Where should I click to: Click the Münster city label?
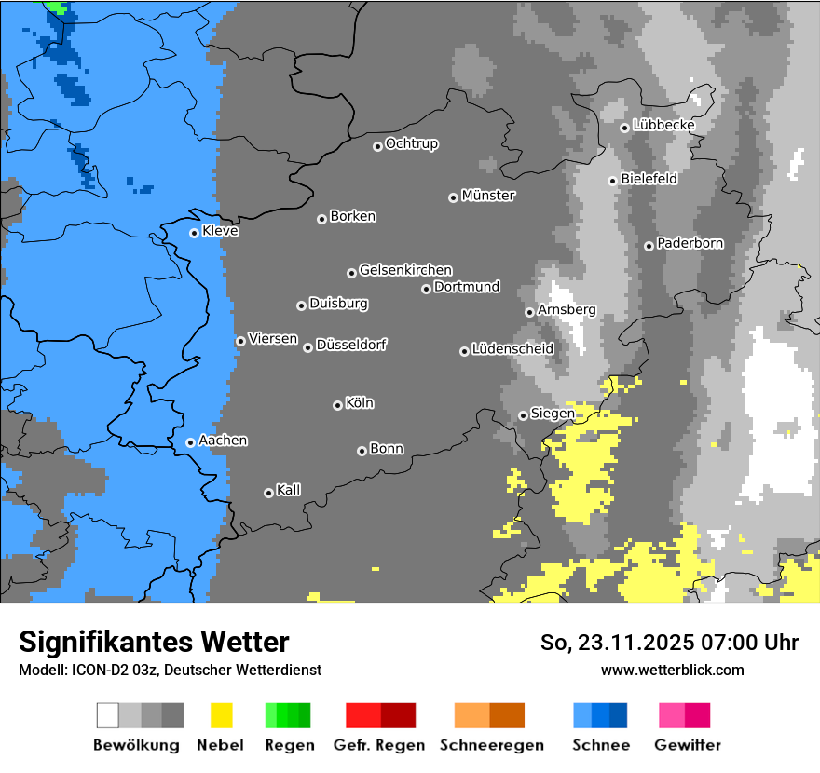[488, 196]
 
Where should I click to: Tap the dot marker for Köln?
[337, 405]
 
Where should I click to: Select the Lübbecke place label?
[663, 125]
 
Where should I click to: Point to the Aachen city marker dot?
[190, 442]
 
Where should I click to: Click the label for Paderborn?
[690, 243]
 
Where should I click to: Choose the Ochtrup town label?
[411, 143]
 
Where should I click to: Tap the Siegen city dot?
[523, 415]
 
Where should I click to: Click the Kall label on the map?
[288, 490]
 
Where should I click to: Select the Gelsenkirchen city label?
[405, 270]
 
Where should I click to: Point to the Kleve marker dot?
[194, 233]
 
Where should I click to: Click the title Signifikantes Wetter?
[154, 642]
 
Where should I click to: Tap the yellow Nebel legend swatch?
[221, 715]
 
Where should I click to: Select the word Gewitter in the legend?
[688, 745]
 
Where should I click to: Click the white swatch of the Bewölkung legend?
[108, 715]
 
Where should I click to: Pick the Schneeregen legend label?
[491, 745]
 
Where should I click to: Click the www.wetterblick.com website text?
[672, 670]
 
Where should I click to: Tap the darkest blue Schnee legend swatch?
[619, 715]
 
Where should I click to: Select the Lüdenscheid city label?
[512, 349]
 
